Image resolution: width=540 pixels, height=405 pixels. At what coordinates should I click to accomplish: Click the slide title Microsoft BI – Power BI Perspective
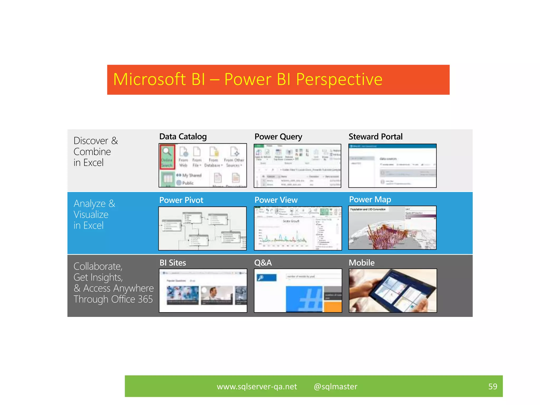click(248, 79)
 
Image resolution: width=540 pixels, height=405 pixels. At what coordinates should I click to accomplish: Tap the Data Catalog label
click(183, 137)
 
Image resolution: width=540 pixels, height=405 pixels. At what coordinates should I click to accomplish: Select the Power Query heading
click(278, 137)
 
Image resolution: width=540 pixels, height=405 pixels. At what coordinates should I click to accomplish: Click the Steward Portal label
click(375, 137)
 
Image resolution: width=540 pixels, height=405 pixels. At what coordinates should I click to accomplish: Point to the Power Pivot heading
click(181, 200)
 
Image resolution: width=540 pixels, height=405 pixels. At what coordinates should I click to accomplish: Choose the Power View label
click(276, 200)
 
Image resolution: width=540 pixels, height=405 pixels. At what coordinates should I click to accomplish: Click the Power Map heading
click(370, 199)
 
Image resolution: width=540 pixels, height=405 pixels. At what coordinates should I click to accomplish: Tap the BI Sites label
click(172, 263)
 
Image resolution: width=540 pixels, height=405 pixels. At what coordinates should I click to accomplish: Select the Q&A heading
click(263, 263)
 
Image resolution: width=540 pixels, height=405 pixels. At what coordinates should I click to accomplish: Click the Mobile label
click(361, 263)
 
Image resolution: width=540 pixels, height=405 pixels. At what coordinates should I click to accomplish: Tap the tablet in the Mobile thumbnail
click(396, 290)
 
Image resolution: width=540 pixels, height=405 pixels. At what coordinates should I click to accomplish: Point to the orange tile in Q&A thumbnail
click(333, 307)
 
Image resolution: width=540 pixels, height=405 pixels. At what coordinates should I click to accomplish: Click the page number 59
click(492, 387)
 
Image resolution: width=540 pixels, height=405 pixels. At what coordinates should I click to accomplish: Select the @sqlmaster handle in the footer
click(335, 387)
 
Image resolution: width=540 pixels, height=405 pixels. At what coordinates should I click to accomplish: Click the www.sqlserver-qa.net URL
click(257, 387)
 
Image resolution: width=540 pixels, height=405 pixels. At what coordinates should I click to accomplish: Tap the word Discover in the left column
click(91, 141)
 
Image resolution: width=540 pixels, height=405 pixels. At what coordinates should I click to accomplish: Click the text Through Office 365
click(113, 299)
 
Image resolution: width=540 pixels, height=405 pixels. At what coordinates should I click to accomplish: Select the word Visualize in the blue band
click(91, 215)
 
